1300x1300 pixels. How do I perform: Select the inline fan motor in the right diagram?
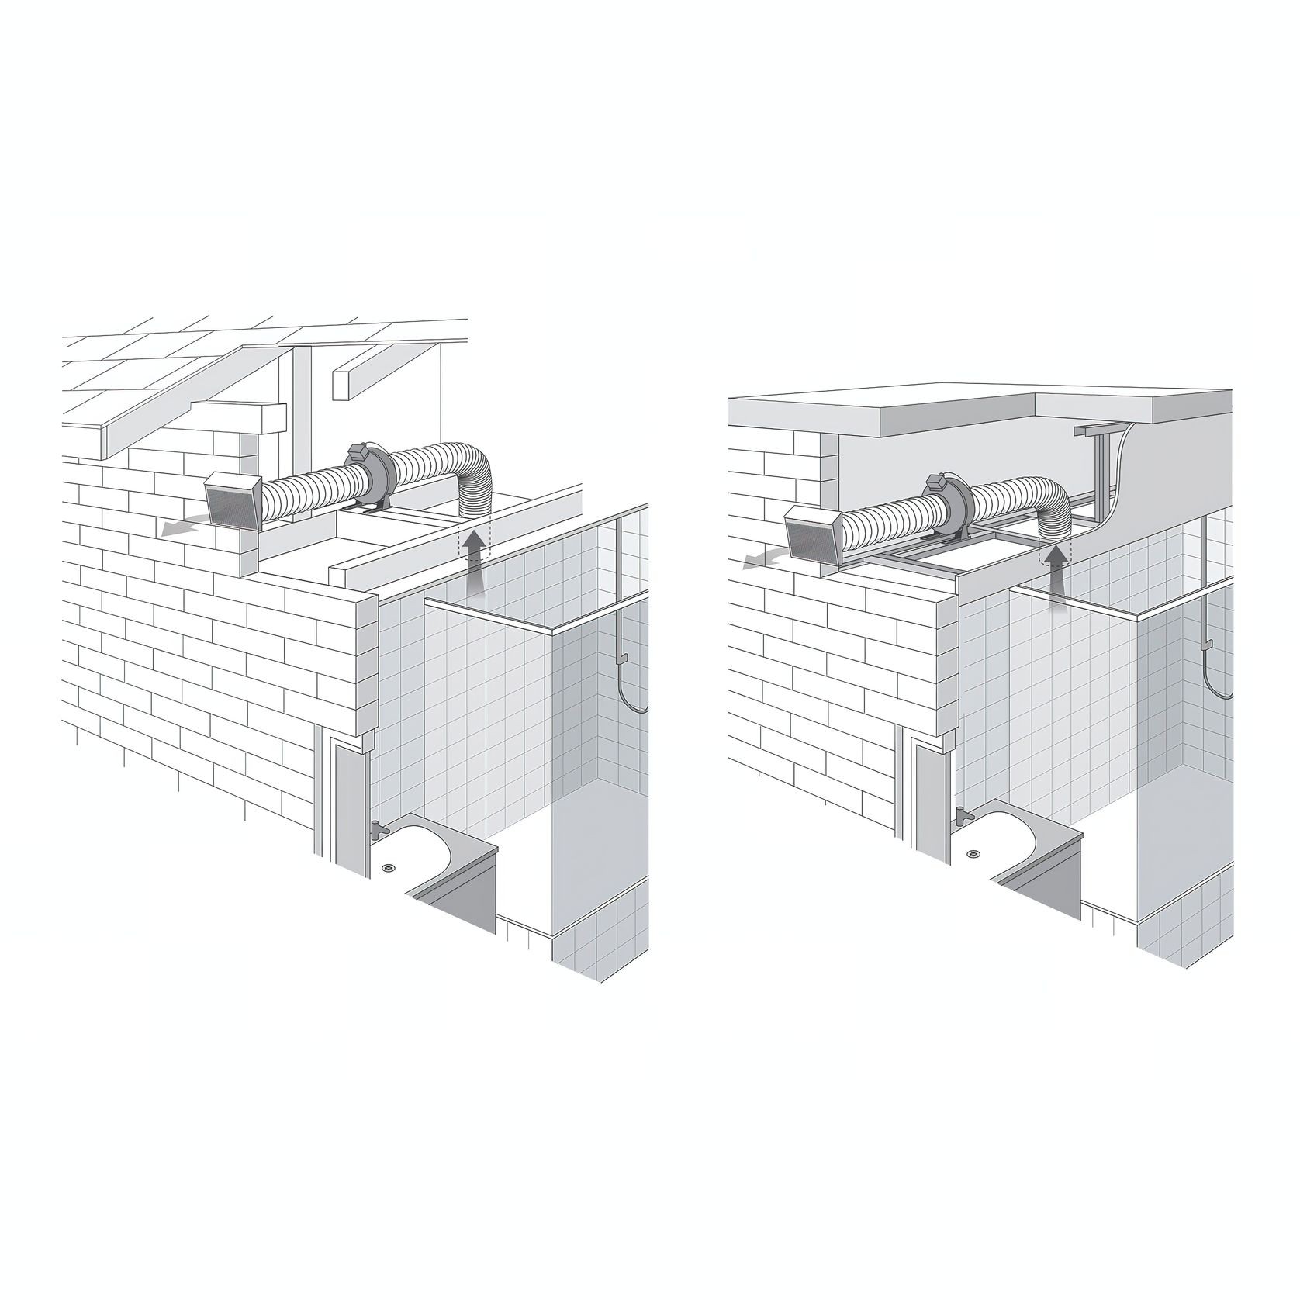point(944,504)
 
